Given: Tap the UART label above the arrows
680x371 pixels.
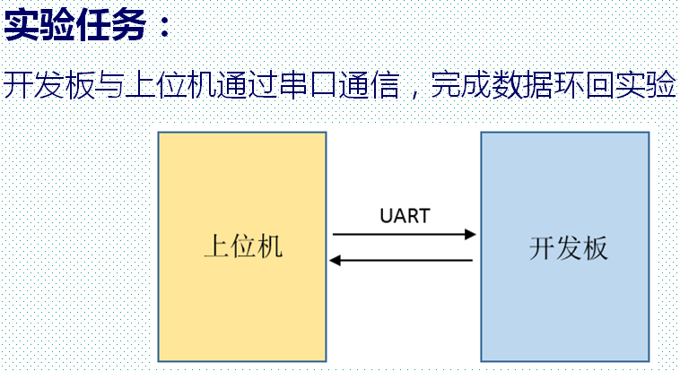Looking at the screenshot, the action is [x=404, y=216].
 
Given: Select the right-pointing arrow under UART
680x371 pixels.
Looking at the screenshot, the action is [x=404, y=235].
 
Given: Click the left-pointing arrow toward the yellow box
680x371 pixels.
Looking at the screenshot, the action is [x=401, y=261].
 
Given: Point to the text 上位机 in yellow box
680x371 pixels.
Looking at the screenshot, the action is [x=242, y=246].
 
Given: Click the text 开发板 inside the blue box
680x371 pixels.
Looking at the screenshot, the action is [x=569, y=247].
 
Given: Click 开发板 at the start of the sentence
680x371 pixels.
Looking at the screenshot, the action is [x=48, y=85].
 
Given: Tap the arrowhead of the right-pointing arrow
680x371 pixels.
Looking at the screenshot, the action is [x=469, y=235].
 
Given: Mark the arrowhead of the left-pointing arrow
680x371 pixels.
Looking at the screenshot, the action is [x=336, y=261].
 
